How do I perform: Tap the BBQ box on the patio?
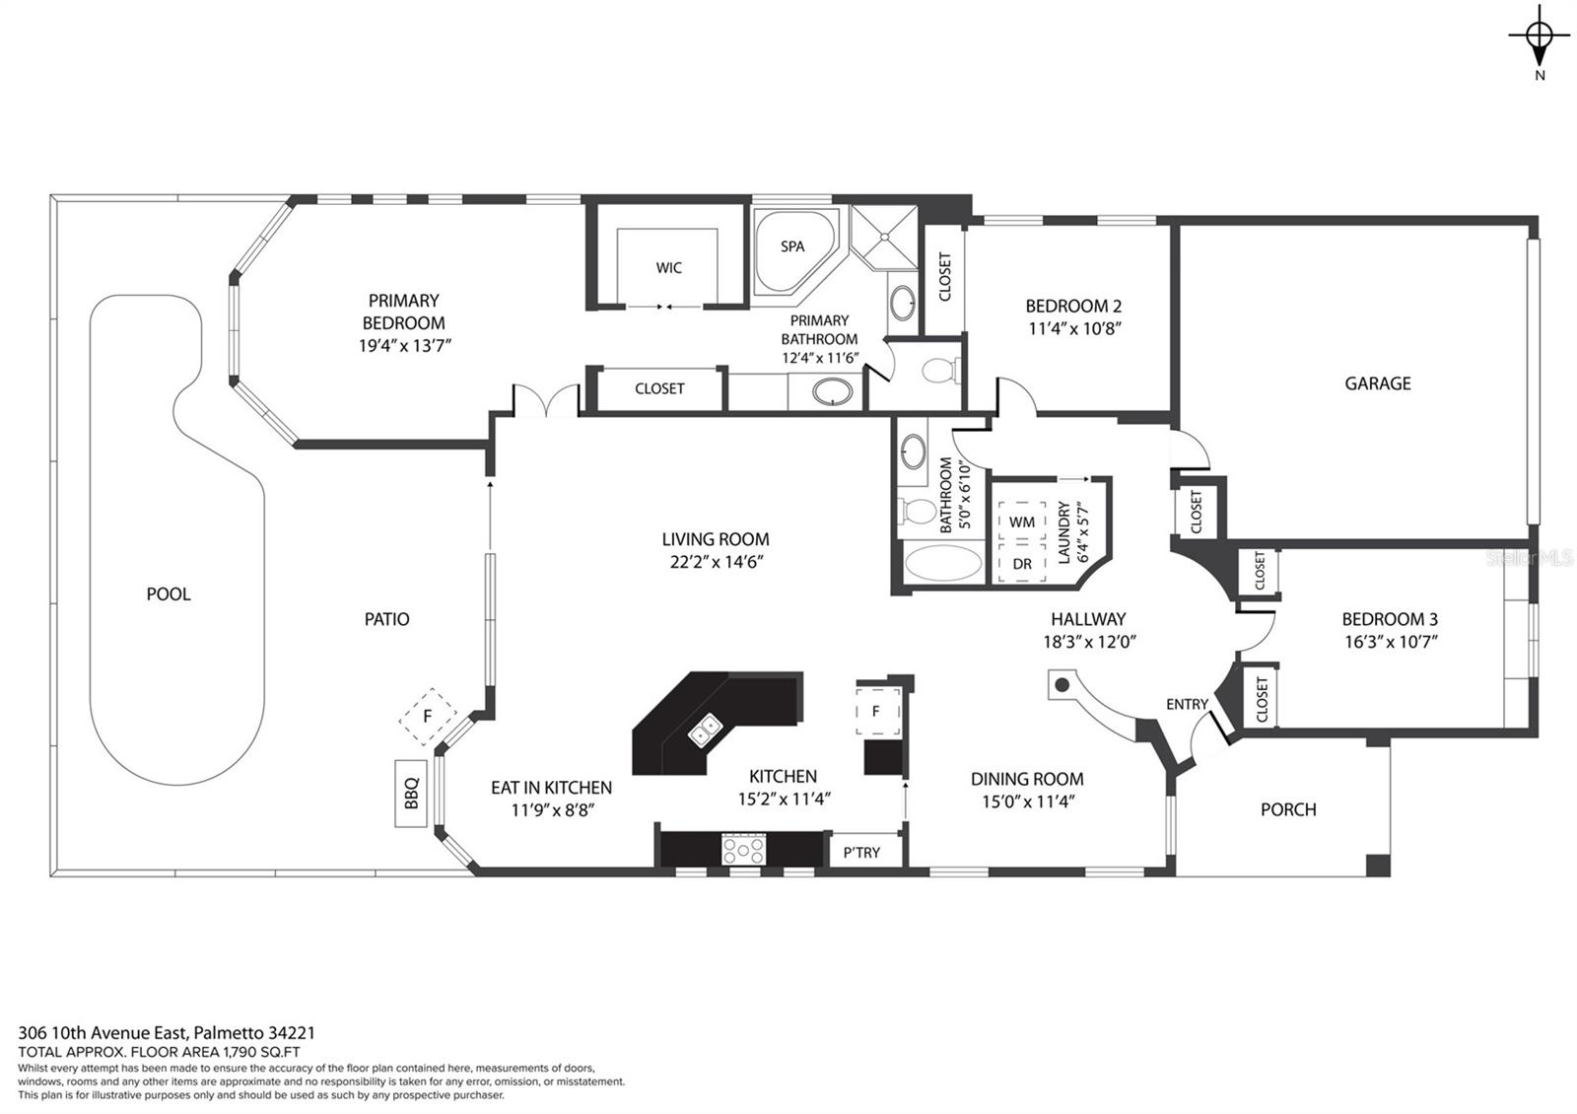(x=411, y=793)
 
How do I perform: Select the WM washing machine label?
(x=1021, y=522)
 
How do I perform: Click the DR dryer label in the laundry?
(x=1022, y=564)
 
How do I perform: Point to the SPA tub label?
(x=792, y=246)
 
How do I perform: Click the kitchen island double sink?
(x=706, y=730)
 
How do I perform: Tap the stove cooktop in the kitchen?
(x=743, y=849)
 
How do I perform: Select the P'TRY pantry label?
(x=861, y=853)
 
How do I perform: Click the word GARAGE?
(x=1378, y=383)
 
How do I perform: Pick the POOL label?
(x=169, y=594)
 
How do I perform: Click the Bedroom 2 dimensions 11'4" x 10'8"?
(x=1074, y=329)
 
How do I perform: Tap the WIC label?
(x=669, y=267)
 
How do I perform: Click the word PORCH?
(x=1288, y=809)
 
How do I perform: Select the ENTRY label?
(x=1187, y=704)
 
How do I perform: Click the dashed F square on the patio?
(x=428, y=717)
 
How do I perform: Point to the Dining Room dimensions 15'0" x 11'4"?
(x=1028, y=801)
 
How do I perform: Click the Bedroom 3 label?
(x=1390, y=620)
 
